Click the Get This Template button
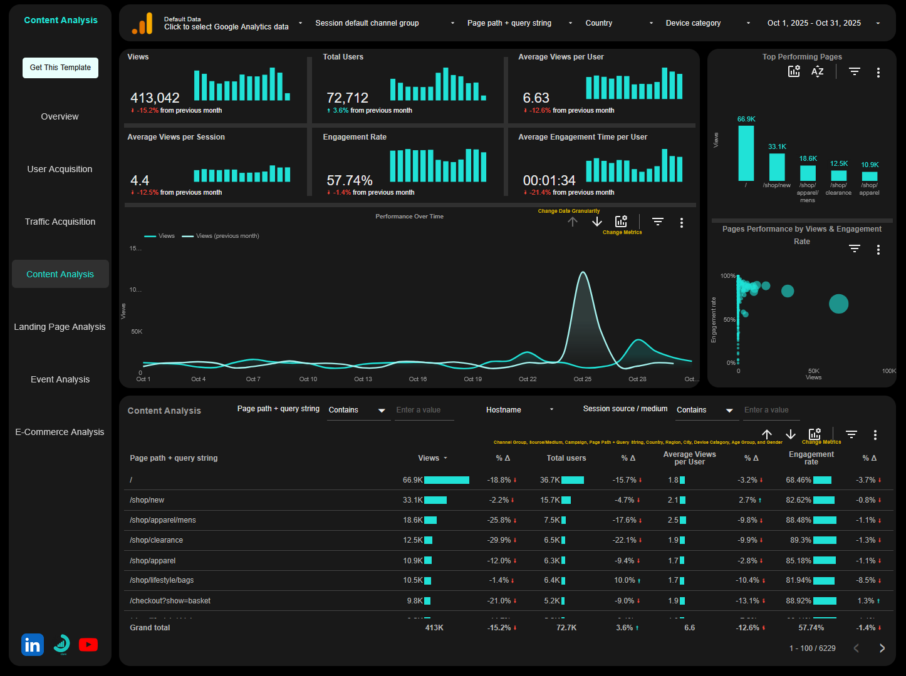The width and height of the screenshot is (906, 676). tap(60, 68)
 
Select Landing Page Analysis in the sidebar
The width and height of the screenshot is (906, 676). tap(60, 327)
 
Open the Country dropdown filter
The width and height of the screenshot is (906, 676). tap(618, 23)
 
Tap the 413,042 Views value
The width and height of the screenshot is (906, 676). tap(155, 98)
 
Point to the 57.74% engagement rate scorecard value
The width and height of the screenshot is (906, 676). tap(349, 180)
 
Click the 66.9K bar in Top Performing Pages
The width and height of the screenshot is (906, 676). tap(746, 153)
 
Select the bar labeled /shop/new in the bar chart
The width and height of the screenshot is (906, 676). tap(777, 167)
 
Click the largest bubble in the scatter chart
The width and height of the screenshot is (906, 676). tap(838, 304)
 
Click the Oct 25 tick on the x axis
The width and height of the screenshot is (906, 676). tap(582, 379)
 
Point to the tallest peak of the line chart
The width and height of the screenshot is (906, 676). tap(583, 273)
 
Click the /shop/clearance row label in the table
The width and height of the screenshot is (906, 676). tap(156, 540)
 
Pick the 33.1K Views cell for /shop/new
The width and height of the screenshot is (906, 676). tap(413, 500)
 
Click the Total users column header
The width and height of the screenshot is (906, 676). tap(566, 458)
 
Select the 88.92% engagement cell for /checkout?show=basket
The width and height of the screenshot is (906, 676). tap(798, 601)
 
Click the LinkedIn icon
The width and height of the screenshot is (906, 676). tap(33, 645)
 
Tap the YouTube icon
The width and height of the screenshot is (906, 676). tap(88, 645)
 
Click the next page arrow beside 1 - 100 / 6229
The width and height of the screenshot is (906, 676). tap(882, 648)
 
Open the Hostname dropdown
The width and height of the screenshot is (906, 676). tap(519, 410)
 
